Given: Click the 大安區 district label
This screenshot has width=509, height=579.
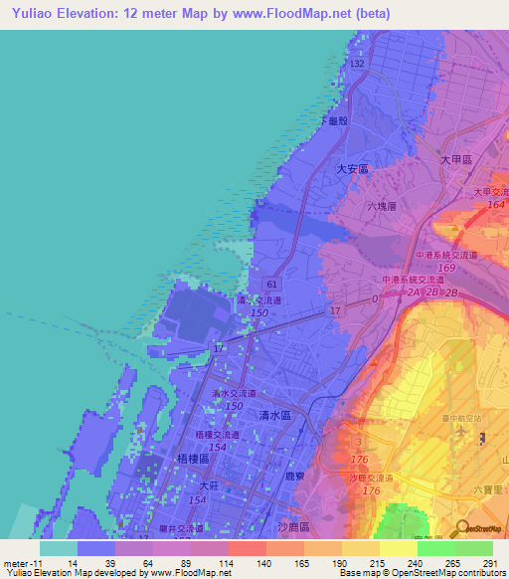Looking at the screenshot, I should click(353, 169).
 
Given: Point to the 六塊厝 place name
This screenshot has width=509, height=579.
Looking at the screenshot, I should click(382, 207).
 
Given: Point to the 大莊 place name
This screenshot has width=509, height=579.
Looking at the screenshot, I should click(208, 486).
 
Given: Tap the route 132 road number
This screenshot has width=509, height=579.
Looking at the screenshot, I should click(356, 63).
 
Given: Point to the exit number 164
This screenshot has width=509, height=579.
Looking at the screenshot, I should click(495, 205).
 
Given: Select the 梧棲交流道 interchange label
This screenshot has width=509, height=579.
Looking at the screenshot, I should click(218, 436).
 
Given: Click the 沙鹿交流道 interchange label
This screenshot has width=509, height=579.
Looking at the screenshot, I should click(373, 480).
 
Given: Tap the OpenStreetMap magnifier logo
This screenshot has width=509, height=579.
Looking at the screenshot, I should click(461, 529).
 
